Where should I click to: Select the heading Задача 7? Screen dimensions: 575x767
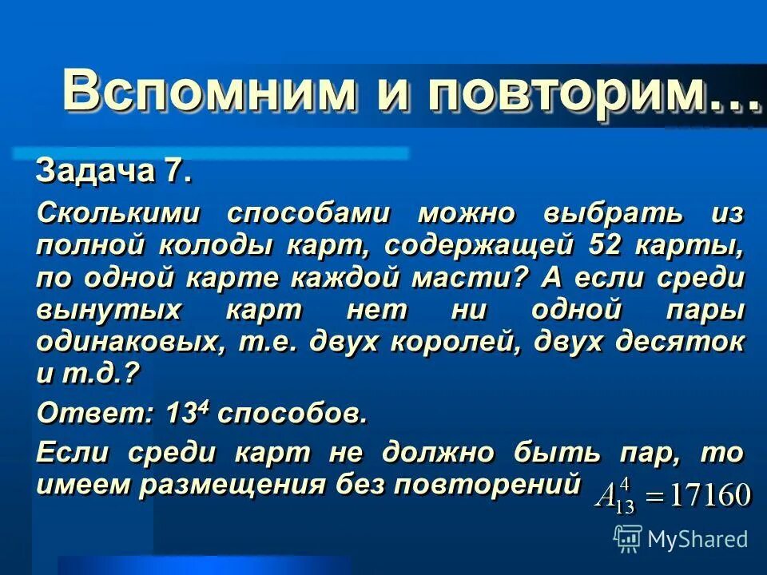[x=113, y=171]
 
